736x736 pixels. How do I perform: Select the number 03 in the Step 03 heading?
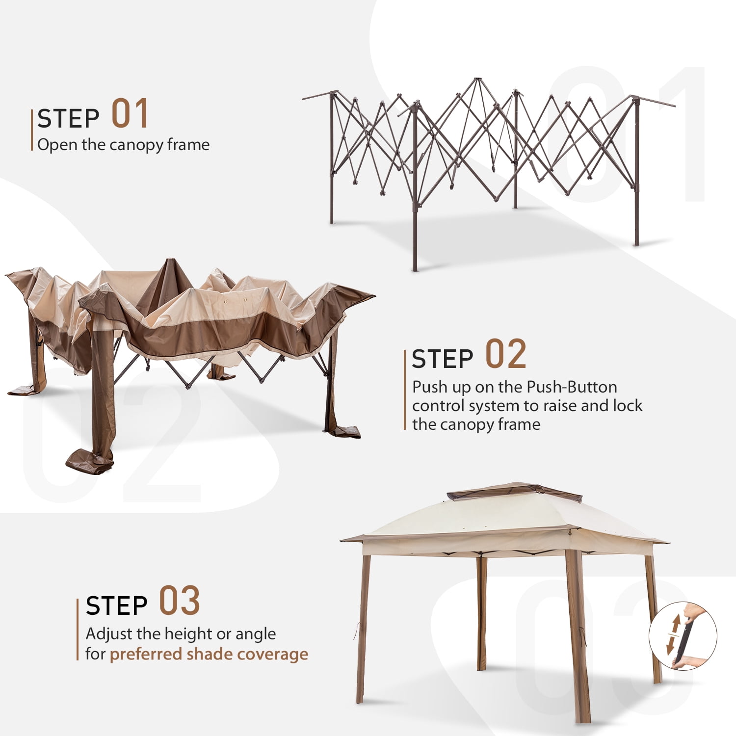coord(180,601)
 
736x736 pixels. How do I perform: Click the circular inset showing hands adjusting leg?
coord(683,636)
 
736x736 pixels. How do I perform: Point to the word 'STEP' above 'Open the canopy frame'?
coord(68,118)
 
